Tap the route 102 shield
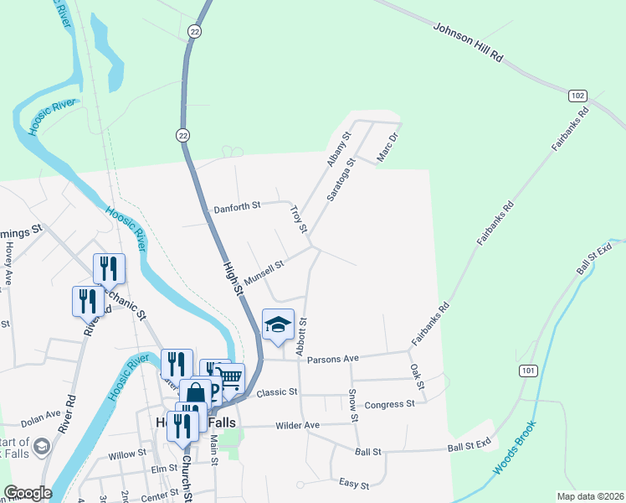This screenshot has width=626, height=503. click(x=577, y=96)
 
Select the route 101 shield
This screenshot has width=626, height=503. click(x=527, y=371)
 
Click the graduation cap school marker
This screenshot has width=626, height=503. click(x=278, y=325)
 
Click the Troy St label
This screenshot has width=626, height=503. click(x=299, y=218)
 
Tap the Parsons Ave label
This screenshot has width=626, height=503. click(x=332, y=359)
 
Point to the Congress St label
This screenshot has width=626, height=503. click(x=390, y=404)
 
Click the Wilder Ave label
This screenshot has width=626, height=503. click(x=300, y=426)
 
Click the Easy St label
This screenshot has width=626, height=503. click(x=354, y=484)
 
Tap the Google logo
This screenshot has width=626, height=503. click(x=28, y=493)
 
